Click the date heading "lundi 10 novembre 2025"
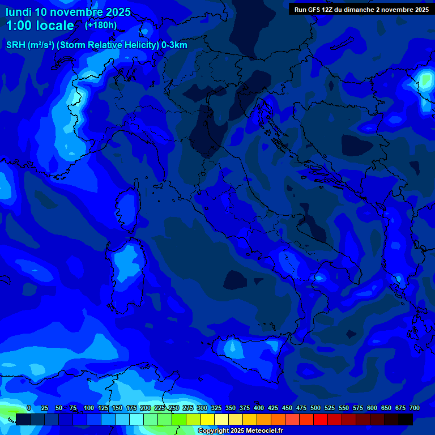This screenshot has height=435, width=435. pyautogui.click(x=68, y=12)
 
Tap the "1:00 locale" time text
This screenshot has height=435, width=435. pyautogui.click(x=40, y=25)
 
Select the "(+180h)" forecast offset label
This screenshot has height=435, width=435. pyautogui.click(x=101, y=25)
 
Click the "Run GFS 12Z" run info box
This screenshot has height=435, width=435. pyautogui.click(x=361, y=10)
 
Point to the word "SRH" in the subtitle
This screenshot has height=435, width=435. pyautogui.click(x=15, y=45)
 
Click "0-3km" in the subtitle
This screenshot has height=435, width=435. pyautogui.click(x=174, y=45)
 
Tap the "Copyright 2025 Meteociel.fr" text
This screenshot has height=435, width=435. pyautogui.click(x=240, y=431)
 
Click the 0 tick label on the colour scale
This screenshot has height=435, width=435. pyautogui.click(x=29, y=408)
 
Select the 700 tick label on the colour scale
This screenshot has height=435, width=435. pyautogui.click(x=414, y=408)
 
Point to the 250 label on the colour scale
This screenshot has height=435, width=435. pyautogui.click(x=173, y=408)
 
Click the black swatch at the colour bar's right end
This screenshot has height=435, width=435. pyautogui.click(x=406, y=419)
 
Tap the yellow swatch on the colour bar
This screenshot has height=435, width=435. pyautogui.click(x=207, y=419)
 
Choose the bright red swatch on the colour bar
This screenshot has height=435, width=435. pyautogui.click(x=321, y=419)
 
